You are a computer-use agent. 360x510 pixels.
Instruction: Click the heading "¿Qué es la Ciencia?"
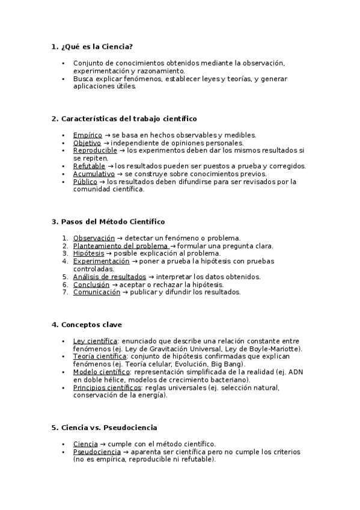96,46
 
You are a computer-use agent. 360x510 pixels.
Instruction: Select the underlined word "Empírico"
88,135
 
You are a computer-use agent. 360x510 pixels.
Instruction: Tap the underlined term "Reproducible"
95,150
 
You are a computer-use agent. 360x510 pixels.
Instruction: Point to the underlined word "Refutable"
89,166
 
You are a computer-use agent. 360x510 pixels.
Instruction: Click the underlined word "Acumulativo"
94,174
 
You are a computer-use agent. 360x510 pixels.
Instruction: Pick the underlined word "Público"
85,182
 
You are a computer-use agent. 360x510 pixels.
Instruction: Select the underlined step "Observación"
94,238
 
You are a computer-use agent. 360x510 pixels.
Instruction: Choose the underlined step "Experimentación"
101,261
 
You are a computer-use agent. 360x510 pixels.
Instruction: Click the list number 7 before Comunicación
65,292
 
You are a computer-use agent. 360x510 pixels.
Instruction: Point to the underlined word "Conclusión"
91,284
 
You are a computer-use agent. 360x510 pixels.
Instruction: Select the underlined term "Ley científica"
95,341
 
